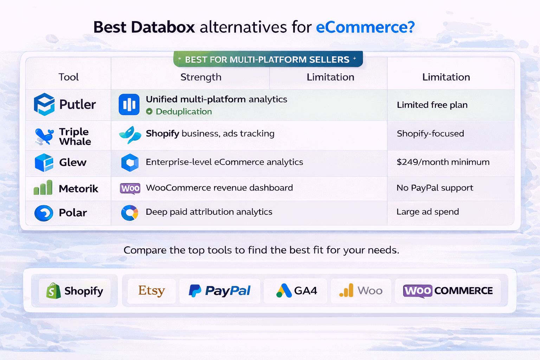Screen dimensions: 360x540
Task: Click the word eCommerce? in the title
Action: click(x=365, y=27)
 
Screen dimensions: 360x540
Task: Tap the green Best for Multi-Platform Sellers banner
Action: click(x=268, y=59)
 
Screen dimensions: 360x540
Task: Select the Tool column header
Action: click(x=69, y=77)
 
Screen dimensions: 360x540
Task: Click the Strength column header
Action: click(x=201, y=77)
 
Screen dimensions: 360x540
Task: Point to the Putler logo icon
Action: click(x=44, y=104)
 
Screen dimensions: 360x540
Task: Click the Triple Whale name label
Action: click(x=75, y=136)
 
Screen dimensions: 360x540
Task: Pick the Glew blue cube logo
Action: click(x=44, y=162)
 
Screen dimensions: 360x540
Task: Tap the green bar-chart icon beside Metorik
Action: click(x=43, y=188)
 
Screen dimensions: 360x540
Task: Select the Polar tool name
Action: click(x=73, y=213)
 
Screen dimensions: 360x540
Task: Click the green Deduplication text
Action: click(x=184, y=111)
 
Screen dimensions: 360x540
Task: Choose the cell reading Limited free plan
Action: click(x=432, y=105)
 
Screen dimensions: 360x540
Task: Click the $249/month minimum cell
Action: click(x=443, y=162)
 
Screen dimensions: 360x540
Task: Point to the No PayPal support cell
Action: click(x=435, y=188)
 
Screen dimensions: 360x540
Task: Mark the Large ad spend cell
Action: click(x=427, y=212)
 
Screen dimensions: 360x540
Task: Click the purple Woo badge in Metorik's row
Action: click(x=130, y=188)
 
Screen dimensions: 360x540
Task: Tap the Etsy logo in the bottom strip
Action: click(x=152, y=291)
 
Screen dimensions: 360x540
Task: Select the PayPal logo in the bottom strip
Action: click(x=220, y=291)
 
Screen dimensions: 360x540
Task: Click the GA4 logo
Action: click(x=296, y=291)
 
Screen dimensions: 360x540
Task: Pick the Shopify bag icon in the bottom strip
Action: click(x=53, y=291)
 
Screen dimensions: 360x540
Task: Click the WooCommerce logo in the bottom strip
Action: click(x=448, y=291)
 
